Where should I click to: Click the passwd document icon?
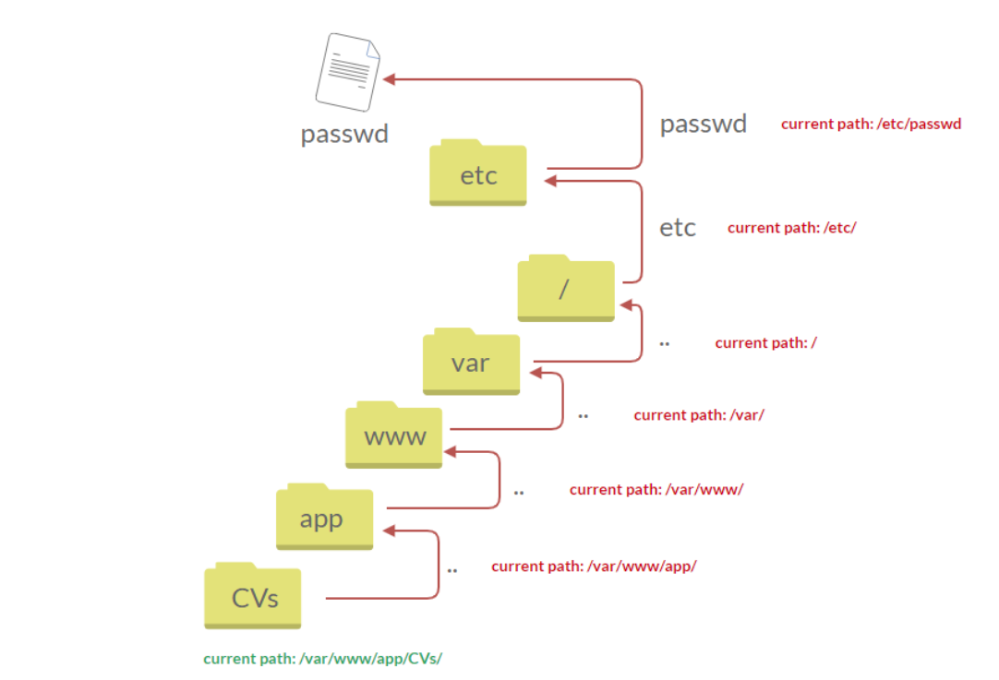tap(347, 72)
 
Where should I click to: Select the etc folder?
tap(477, 173)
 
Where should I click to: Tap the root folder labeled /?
tap(565, 289)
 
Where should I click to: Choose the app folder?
tap(324, 517)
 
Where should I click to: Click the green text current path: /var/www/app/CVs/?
tap(322, 659)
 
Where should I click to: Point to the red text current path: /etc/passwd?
tap(871, 124)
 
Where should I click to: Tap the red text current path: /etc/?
tap(791, 227)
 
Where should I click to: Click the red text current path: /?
tap(765, 343)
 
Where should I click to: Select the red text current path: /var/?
tap(698, 415)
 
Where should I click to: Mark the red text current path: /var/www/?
tap(656, 489)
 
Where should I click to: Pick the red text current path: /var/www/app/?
tap(593, 566)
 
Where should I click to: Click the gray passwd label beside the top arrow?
tap(703, 125)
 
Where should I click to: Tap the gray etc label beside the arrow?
tap(677, 228)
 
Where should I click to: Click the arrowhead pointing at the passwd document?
tap(391, 79)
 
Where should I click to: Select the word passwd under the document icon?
tap(344, 135)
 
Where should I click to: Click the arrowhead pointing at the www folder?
tap(451, 452)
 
